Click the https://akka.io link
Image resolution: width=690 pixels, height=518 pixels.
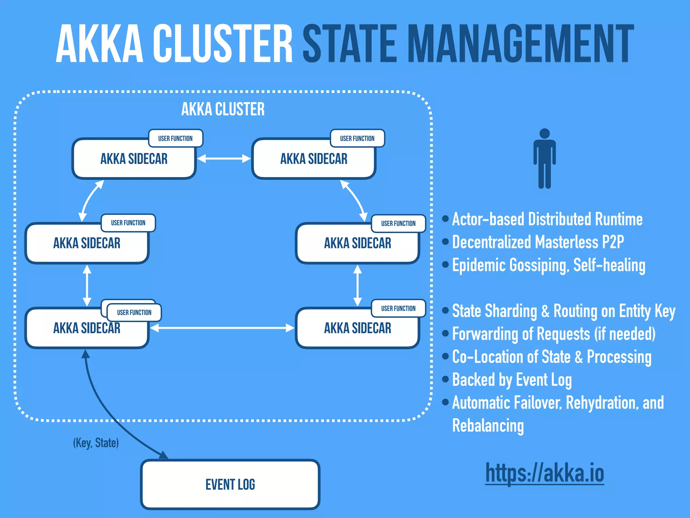tap(544, 473)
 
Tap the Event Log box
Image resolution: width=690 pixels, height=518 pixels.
tap(230, 485)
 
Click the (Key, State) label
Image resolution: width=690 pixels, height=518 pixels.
tap(96, 443)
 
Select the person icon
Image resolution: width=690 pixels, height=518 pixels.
tap(544, 159)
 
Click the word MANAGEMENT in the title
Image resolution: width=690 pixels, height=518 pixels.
tap(520, 44)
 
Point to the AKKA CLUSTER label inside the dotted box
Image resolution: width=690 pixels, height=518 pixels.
tap(223, 109)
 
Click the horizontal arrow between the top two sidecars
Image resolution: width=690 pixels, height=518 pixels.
tap(224, 159)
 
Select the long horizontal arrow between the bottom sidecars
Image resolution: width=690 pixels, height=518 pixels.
tap(222, 328)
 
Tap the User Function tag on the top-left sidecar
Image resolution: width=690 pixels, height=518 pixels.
tap(176, 138)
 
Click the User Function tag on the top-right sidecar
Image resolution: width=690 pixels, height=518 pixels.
tap(357, 138)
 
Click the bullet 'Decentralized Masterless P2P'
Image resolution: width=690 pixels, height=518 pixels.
tap(538, 242)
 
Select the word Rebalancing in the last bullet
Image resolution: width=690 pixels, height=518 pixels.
tap(488, 426)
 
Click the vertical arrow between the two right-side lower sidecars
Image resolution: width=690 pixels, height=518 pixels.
tap(357, 286)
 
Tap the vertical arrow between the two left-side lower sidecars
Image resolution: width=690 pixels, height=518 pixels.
tap(87, 286)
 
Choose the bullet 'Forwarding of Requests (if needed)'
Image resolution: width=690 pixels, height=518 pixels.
tap(554, 334)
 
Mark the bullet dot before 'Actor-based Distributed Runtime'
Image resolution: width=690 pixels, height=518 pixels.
tap(445, 219)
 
